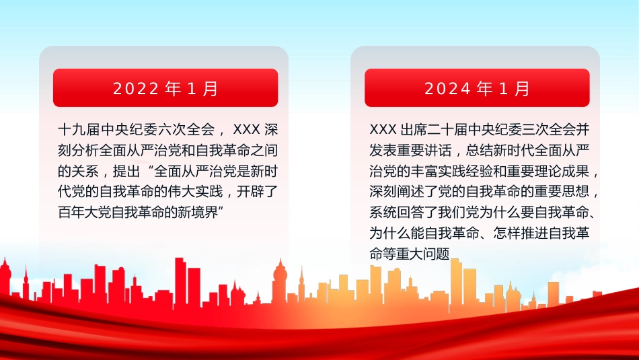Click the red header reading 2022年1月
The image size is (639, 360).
pyautogui.click(x=165, y=88)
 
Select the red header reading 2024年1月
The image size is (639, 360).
pyautogui.click(x=477, y=88)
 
